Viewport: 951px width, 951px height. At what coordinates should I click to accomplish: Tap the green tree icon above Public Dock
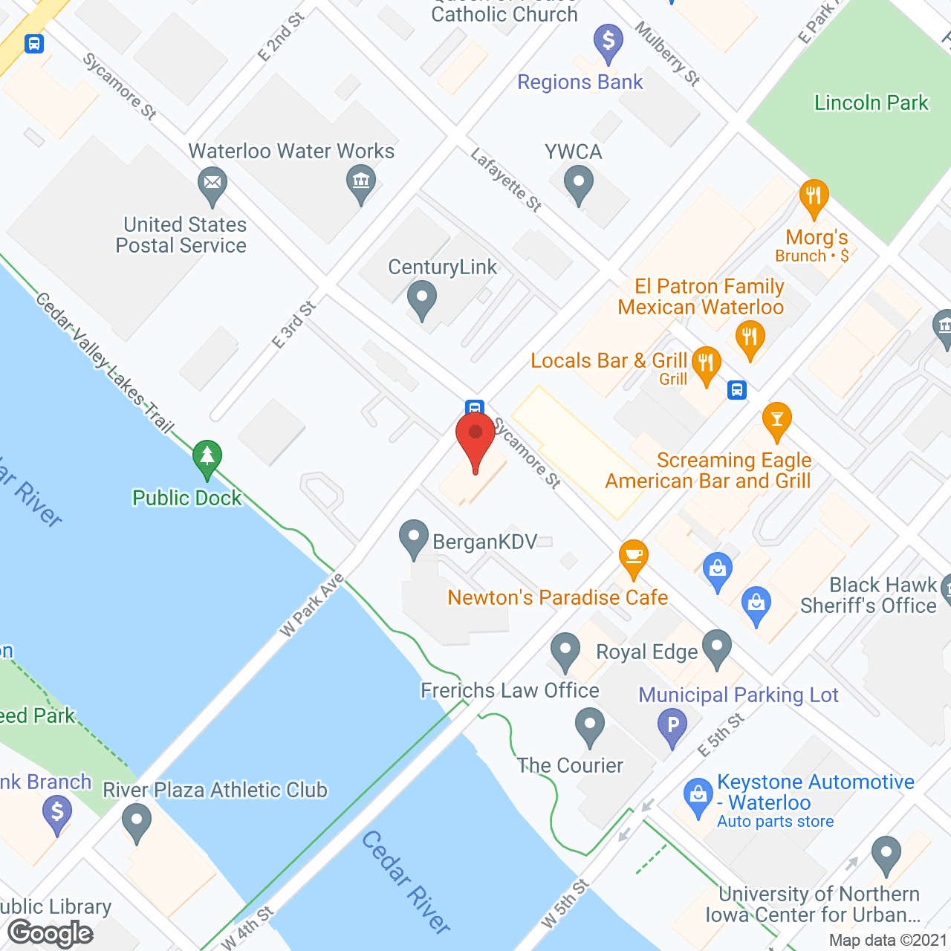click(207, 458)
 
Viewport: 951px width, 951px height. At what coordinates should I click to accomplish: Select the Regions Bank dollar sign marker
click(608, 42)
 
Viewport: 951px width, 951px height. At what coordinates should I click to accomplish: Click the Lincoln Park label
click(871, 103)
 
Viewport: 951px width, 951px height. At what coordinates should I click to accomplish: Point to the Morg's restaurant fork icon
click(814, 197)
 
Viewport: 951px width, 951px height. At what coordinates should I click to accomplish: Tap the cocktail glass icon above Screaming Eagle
click(777, 421)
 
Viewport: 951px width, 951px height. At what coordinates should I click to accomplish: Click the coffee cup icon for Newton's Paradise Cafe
click(634, 557)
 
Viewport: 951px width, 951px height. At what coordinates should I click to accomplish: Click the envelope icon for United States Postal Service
click(213, 184)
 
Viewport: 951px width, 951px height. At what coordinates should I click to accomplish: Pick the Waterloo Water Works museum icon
click(361, 182)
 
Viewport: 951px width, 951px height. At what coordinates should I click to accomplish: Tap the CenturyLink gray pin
click(422, 299)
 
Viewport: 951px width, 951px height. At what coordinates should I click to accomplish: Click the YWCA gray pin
click(579, 183)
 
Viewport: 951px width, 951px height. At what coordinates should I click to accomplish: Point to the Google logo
click(51, 932)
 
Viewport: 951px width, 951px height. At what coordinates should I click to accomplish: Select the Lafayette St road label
click(507, 180)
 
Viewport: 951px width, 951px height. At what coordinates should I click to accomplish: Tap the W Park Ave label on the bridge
click(311, 605)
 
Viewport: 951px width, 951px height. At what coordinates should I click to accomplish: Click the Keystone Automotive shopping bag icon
click(698, 796)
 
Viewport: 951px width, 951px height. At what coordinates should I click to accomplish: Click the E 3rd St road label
click(294, 325)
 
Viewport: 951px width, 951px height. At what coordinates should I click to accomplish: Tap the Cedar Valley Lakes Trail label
click(104, 363)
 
